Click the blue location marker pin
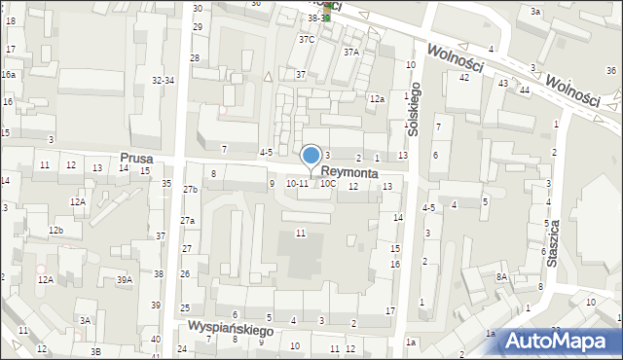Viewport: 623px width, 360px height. click(311, 157)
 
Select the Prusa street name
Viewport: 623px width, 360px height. click(134, 157)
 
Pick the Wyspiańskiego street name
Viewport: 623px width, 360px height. click(233, 330)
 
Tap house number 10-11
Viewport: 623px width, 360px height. click(297, 183)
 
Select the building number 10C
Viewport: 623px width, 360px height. click(328, 183)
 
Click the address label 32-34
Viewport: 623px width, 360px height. click(163, 81)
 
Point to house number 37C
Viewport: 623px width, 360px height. click(307, 40)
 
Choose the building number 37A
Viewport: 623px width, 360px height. click(350, 53)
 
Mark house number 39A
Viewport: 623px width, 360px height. click(125, 280)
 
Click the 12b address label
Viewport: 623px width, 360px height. click(55, 231)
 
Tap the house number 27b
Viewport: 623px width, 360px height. click(190, 190)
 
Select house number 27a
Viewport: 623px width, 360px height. click(187, 221)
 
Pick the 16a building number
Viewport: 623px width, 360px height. click(8, 75)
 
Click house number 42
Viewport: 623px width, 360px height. click(464, 78)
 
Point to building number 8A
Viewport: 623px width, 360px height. click(501, 277)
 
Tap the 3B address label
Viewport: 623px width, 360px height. click(94, 350)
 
